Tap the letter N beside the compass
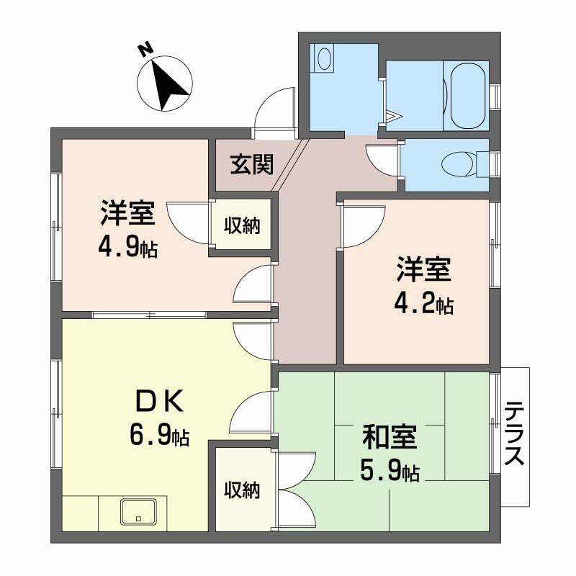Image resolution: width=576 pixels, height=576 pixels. [x=145, y=50]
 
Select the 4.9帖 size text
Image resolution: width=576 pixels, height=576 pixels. [x=128, y=248]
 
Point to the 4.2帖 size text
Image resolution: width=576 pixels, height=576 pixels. [x=423, y=305]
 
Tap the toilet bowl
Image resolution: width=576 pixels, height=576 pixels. [x=459, y=164]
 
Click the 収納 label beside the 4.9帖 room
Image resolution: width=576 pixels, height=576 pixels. [x=240, y=225]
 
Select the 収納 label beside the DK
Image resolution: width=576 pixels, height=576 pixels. [x=240, y=490]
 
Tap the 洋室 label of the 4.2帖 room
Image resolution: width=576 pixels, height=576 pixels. [x=423, y=270]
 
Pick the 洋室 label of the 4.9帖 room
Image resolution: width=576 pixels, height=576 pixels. [x=127, y=212]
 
